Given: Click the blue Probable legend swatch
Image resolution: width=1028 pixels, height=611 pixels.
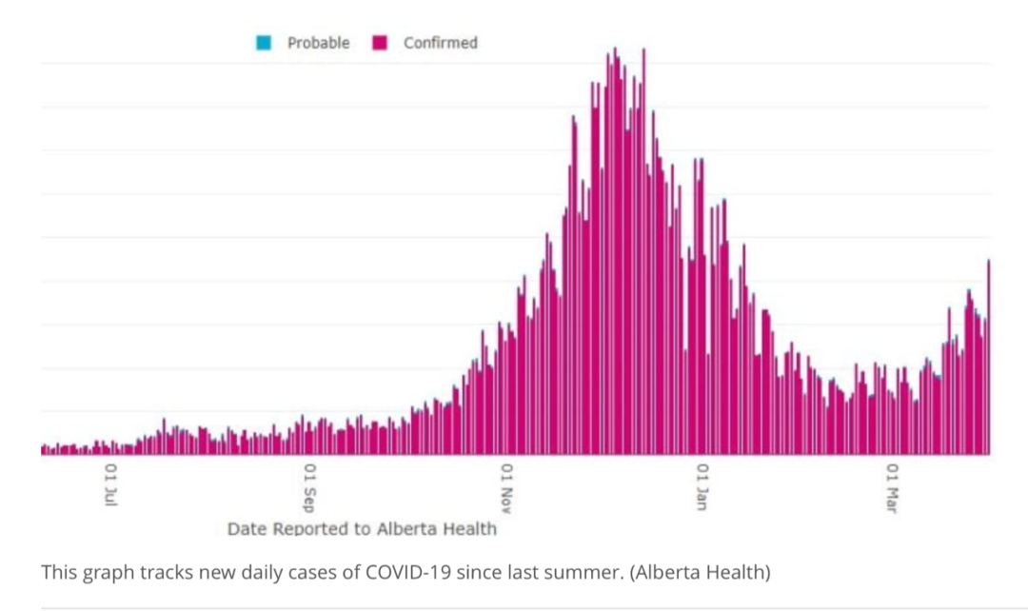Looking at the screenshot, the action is coord(264,43).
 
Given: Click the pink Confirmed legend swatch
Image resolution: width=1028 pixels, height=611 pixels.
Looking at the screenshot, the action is coord(380,43).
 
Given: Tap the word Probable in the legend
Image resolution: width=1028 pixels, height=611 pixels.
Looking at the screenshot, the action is coord(318,43).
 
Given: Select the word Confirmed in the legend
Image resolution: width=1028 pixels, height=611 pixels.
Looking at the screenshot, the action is coord(441,43).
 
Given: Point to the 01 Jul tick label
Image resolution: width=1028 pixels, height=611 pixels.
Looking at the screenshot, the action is coord(111,485).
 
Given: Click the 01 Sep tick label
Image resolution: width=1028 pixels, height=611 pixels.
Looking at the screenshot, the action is coord(310,487).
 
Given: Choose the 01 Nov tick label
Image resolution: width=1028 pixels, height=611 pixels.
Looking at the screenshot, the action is coord(506,488).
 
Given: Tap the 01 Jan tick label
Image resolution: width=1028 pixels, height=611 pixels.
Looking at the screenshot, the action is coord(702,486).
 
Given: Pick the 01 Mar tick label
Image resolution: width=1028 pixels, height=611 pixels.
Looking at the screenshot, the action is coord(892,488).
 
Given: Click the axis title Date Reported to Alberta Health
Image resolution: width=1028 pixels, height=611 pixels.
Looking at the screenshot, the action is coord(362,529).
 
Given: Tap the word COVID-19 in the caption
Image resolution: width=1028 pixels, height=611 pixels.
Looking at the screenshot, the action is coord(407,572).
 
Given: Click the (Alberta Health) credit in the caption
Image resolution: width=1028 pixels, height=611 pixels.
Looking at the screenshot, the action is coord(701,573).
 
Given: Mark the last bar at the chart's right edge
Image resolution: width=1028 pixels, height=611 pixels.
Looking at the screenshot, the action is coord(989,357).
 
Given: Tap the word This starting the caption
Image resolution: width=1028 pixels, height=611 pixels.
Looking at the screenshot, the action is coord(59,572).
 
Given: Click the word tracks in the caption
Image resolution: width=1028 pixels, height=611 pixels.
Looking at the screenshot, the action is coord(162,572).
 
